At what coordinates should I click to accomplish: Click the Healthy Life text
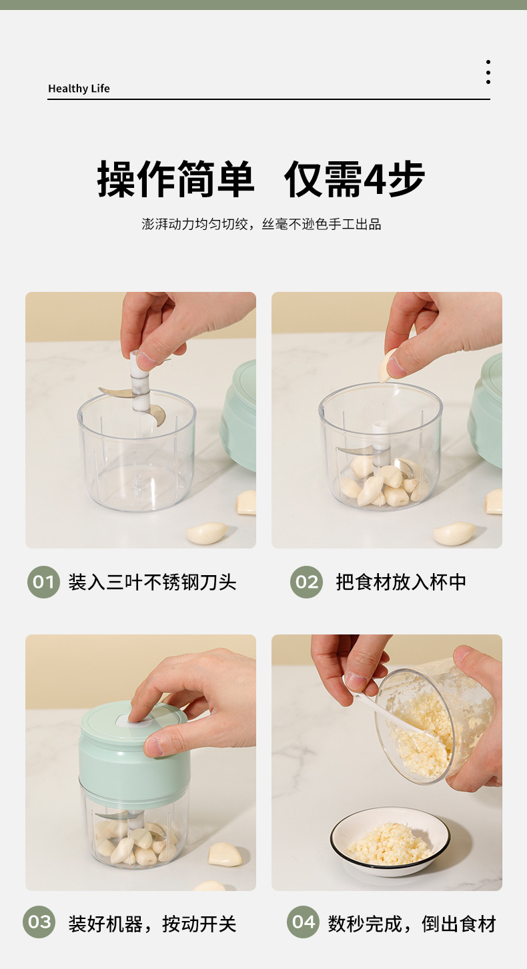[x=79, y=88]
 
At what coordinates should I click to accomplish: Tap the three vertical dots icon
[x=488, y=72]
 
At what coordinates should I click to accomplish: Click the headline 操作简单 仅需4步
[x=261, y=179]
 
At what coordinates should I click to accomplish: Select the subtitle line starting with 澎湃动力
[x=261, y=224]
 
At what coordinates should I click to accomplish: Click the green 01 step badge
[x=43, y=582]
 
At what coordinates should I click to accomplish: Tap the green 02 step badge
[x=307, y=582]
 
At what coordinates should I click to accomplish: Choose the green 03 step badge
[x=39, y=922]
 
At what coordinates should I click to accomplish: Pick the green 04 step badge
[x=303, y=922]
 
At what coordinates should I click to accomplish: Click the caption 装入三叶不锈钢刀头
[x=152, y=582]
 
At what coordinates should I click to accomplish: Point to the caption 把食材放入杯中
[x=401, y=582]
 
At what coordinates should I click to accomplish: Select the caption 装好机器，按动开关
[x=152, y=924]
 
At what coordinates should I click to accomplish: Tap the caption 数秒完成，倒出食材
[x=412, y=924]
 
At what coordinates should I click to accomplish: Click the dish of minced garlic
[x=390, y=842]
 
